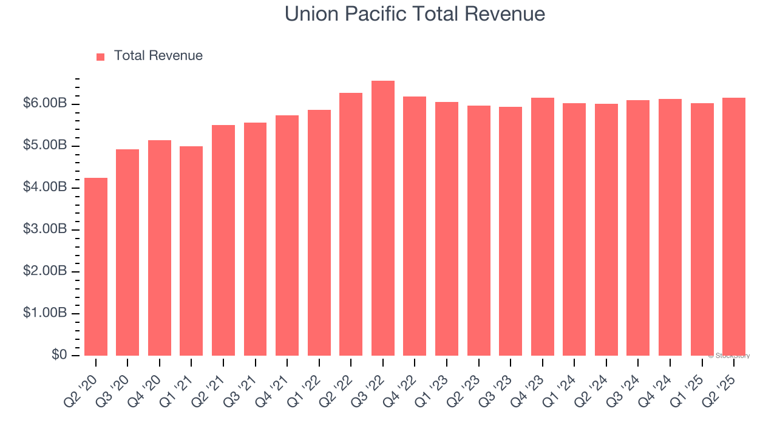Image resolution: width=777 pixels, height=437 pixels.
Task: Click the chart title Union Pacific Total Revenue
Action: point(415,14)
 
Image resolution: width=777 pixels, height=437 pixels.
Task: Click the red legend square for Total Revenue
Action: point(101,56)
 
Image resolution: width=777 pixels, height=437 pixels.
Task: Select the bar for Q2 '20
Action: point(96,266)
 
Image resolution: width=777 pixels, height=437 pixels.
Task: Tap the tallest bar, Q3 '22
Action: point(383,218)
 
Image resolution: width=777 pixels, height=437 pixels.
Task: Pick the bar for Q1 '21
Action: point(191,251)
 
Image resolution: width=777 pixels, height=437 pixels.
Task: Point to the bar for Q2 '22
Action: point(351,224)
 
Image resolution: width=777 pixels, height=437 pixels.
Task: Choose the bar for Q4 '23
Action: point(543,226)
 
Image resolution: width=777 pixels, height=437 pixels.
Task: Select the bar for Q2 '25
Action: point(734,226)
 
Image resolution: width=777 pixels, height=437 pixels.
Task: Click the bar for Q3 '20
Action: point(127,252)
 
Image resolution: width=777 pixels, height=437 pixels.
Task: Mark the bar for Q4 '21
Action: point(287,235)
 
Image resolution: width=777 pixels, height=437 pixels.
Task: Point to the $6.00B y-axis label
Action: point(45,104)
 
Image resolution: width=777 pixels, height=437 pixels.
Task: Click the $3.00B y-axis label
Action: point(45,230)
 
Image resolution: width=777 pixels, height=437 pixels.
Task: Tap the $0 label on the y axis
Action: point(59,355)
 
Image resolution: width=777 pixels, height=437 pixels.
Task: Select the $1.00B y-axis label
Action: point(45,314)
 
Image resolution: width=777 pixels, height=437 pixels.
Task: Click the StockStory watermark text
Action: point(729,356)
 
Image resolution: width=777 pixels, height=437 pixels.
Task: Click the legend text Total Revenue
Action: point(158,56)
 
